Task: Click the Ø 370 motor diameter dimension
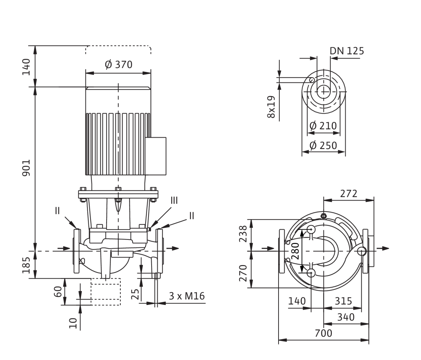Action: [x=119, y=64]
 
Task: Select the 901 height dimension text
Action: [x=26, y=168]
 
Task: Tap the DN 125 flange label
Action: [x=347, y=51]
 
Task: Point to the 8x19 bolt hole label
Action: [x=271, y=107]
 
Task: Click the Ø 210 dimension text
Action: [x=323, y=126]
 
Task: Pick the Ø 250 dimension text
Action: [x=323, y=145]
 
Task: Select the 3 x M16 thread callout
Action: [x=187, y=296]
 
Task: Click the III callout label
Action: [x=174, y=201]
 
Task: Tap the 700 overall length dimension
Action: [x=323, y=333]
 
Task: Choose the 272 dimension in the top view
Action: [x=349, y=193]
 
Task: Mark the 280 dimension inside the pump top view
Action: [x=295, y=251]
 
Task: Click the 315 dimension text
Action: [x=343, y=301]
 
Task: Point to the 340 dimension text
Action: [x=346, y=317]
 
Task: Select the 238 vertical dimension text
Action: [x=243, y=234]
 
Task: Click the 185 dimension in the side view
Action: [x=26, y=265]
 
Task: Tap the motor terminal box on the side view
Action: [x=156, y=156]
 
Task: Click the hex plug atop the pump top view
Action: [x=323, y=216]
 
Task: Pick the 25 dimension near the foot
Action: [x=135, y=294]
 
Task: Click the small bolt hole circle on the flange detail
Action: [x=312, y=80]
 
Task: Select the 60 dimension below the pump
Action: [x=58, y=292]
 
